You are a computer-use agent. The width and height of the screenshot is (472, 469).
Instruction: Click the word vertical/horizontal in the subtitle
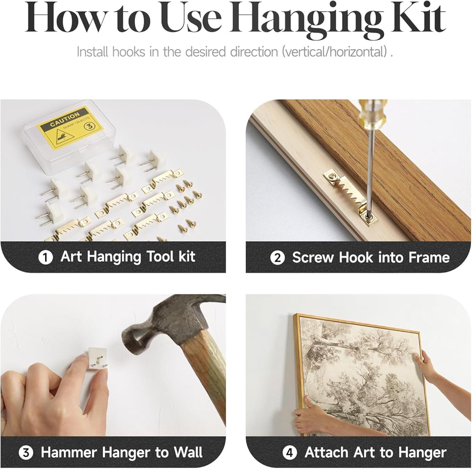335,52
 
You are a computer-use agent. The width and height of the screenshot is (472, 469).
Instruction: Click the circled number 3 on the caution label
89,126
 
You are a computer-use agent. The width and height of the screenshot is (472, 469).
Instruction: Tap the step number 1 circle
46,258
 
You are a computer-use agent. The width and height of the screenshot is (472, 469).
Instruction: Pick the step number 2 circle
277,258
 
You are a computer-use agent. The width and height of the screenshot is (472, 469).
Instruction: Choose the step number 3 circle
25,453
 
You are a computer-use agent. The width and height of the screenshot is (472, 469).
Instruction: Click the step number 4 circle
290,453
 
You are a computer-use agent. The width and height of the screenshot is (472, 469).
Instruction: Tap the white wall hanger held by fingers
97,359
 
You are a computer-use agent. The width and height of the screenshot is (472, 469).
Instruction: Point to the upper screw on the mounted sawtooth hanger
332,175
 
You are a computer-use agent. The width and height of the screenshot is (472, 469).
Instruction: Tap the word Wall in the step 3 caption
188,452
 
